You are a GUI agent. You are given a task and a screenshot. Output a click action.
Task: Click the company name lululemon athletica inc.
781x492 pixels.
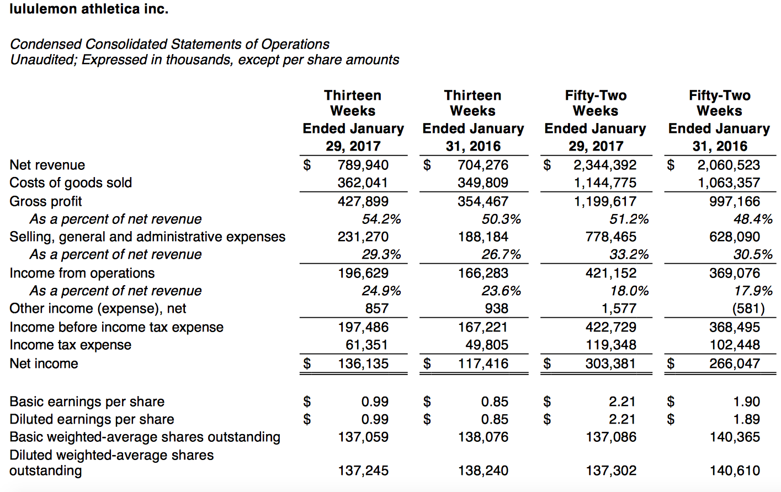coord(89,9)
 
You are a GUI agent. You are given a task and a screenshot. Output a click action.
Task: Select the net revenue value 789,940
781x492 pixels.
coord(363,165)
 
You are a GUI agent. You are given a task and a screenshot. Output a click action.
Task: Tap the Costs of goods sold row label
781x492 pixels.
coord(71,183)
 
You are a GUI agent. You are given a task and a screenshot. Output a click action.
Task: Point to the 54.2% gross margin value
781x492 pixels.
coord(381,219)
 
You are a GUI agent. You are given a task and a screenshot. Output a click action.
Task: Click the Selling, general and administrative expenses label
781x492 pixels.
coord(147,237)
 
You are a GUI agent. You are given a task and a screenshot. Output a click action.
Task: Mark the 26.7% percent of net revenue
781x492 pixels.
coord(501,254)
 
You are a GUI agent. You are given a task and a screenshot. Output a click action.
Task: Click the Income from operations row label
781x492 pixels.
coord(82,273)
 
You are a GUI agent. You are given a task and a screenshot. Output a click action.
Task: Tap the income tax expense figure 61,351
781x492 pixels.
coord(367,345)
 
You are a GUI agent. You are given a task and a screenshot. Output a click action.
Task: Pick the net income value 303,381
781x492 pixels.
coord(610,363)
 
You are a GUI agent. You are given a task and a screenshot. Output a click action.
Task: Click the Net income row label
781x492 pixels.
coord(44,363)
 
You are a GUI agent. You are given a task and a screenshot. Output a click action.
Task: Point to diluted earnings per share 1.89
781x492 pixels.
coord(746,419)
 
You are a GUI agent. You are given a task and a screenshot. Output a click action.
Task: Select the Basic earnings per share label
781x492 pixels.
coord(87,402)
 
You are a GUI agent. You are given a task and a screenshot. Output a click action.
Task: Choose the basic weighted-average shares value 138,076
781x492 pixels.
coord(483,437)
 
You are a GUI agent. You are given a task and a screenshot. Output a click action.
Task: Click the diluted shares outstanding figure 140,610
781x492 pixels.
coord(734,470)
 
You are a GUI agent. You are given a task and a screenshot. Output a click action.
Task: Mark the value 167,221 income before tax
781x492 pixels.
coord(482,327)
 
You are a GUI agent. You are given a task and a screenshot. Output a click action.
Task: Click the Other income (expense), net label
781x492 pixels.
coord(98,308)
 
